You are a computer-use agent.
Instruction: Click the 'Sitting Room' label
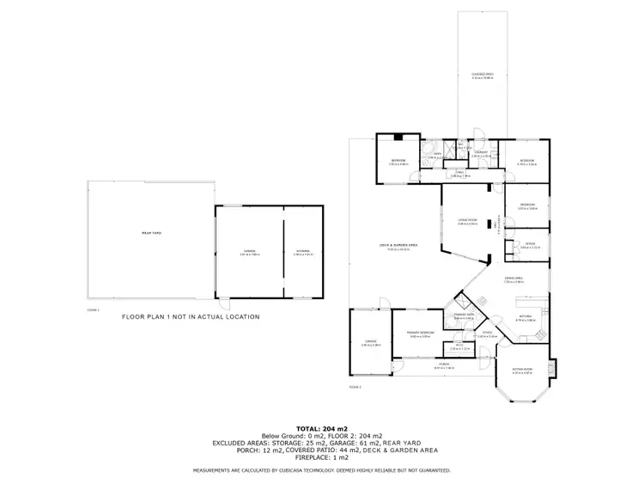click(523, 370)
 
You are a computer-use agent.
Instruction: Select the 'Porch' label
click(444, 365)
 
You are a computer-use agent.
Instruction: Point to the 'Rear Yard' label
click(151, 234)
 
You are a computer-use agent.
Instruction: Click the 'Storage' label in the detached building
click(303, 251)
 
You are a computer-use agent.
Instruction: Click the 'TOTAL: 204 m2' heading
click(321, 427)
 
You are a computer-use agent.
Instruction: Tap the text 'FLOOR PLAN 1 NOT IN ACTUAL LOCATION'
click(190, 317)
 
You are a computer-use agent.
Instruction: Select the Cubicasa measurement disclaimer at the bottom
click(321, 471)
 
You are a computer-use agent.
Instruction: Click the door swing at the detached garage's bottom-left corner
click(225, 304)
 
